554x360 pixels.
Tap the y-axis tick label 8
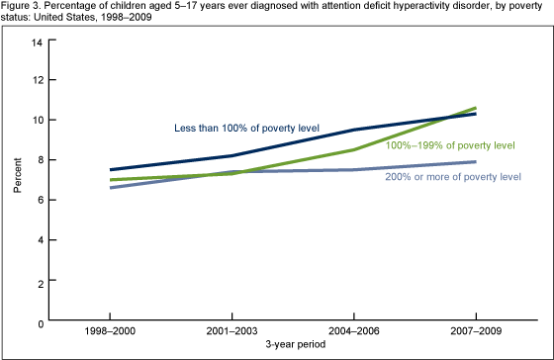[39, 160]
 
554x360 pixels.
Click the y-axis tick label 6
[39, 201]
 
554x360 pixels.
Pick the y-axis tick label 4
[39, 241]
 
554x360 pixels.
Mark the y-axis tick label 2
[39, 282]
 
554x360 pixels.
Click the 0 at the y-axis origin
[39, 322]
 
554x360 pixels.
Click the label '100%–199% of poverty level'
[451, 145]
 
